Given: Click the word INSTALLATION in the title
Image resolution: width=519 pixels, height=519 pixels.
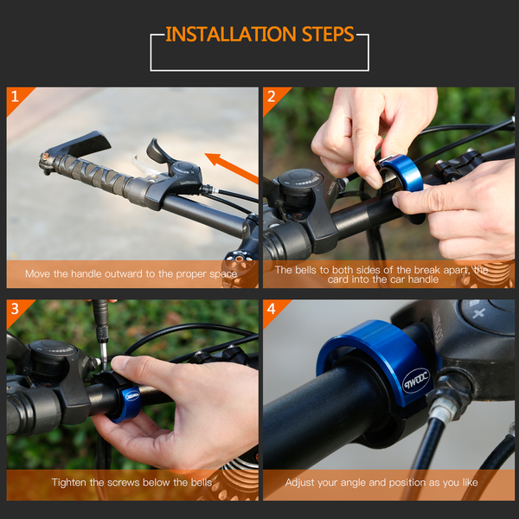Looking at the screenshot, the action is pyautogui.click(x=231, y=34).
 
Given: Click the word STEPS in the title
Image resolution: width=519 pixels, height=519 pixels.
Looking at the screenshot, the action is pyautogui.click(x=328, y=34).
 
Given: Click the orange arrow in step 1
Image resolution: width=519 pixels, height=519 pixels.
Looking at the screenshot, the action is pyautogui.click(x=231, y=168).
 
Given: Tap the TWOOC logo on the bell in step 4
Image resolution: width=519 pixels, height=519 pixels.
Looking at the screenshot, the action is pyautogui.click(x=416, y=381).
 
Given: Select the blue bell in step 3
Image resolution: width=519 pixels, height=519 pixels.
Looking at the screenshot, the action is pyautogui.click(x=127, y=405).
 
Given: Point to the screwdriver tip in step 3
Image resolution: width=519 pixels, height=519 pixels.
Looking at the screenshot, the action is pyautogui.click(x=105, y=368).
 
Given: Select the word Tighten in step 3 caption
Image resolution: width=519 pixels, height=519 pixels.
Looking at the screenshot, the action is pyautogui.click(x=69, y=483).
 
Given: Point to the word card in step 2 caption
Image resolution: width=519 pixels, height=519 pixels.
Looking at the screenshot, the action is pyautogui.click(x=337, y=279).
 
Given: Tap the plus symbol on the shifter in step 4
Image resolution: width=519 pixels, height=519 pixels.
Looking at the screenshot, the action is pyautogui.click(x=478, y=313).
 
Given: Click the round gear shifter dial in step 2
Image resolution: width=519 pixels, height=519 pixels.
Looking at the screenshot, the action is pyautogui.click(x=300, y=179).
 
